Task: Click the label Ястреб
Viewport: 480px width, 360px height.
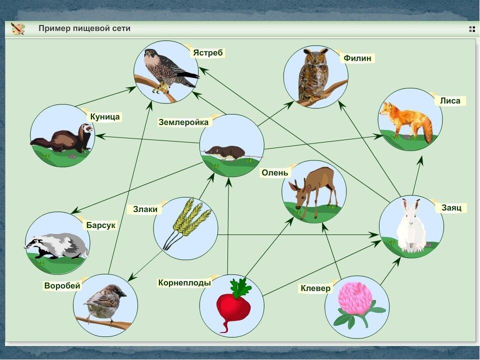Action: pyautogui.click(x=208, y=52)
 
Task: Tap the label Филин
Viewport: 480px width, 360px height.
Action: pyautogui.click(x=357, y=58)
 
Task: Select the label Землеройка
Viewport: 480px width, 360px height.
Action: pyautogui.click(x=183, y=122)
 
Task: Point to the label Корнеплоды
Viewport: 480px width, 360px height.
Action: pyautogui.click(x=184, y=282)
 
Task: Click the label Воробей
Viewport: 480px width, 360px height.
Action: pyautogui.click(x=62, y=285)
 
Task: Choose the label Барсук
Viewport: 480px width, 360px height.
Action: pyautogui.click(x=100, y=225)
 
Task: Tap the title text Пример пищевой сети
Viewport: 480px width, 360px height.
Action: pyautogui.click(x=84, y=28)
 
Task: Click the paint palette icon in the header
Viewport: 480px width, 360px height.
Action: pyautogui.click(x=17, y=28)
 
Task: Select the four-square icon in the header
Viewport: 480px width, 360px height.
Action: pyautogui.click(x=471, y=29)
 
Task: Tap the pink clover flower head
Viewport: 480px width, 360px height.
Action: pyautogui.click(x=355, y=298)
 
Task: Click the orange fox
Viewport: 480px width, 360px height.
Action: pyautogui.click(x=406, y=121)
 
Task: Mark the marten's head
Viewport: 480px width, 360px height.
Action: pyautogui.click(x=85, y=129)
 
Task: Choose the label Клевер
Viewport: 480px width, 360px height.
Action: pyautogui.click(x=315, y=288)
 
